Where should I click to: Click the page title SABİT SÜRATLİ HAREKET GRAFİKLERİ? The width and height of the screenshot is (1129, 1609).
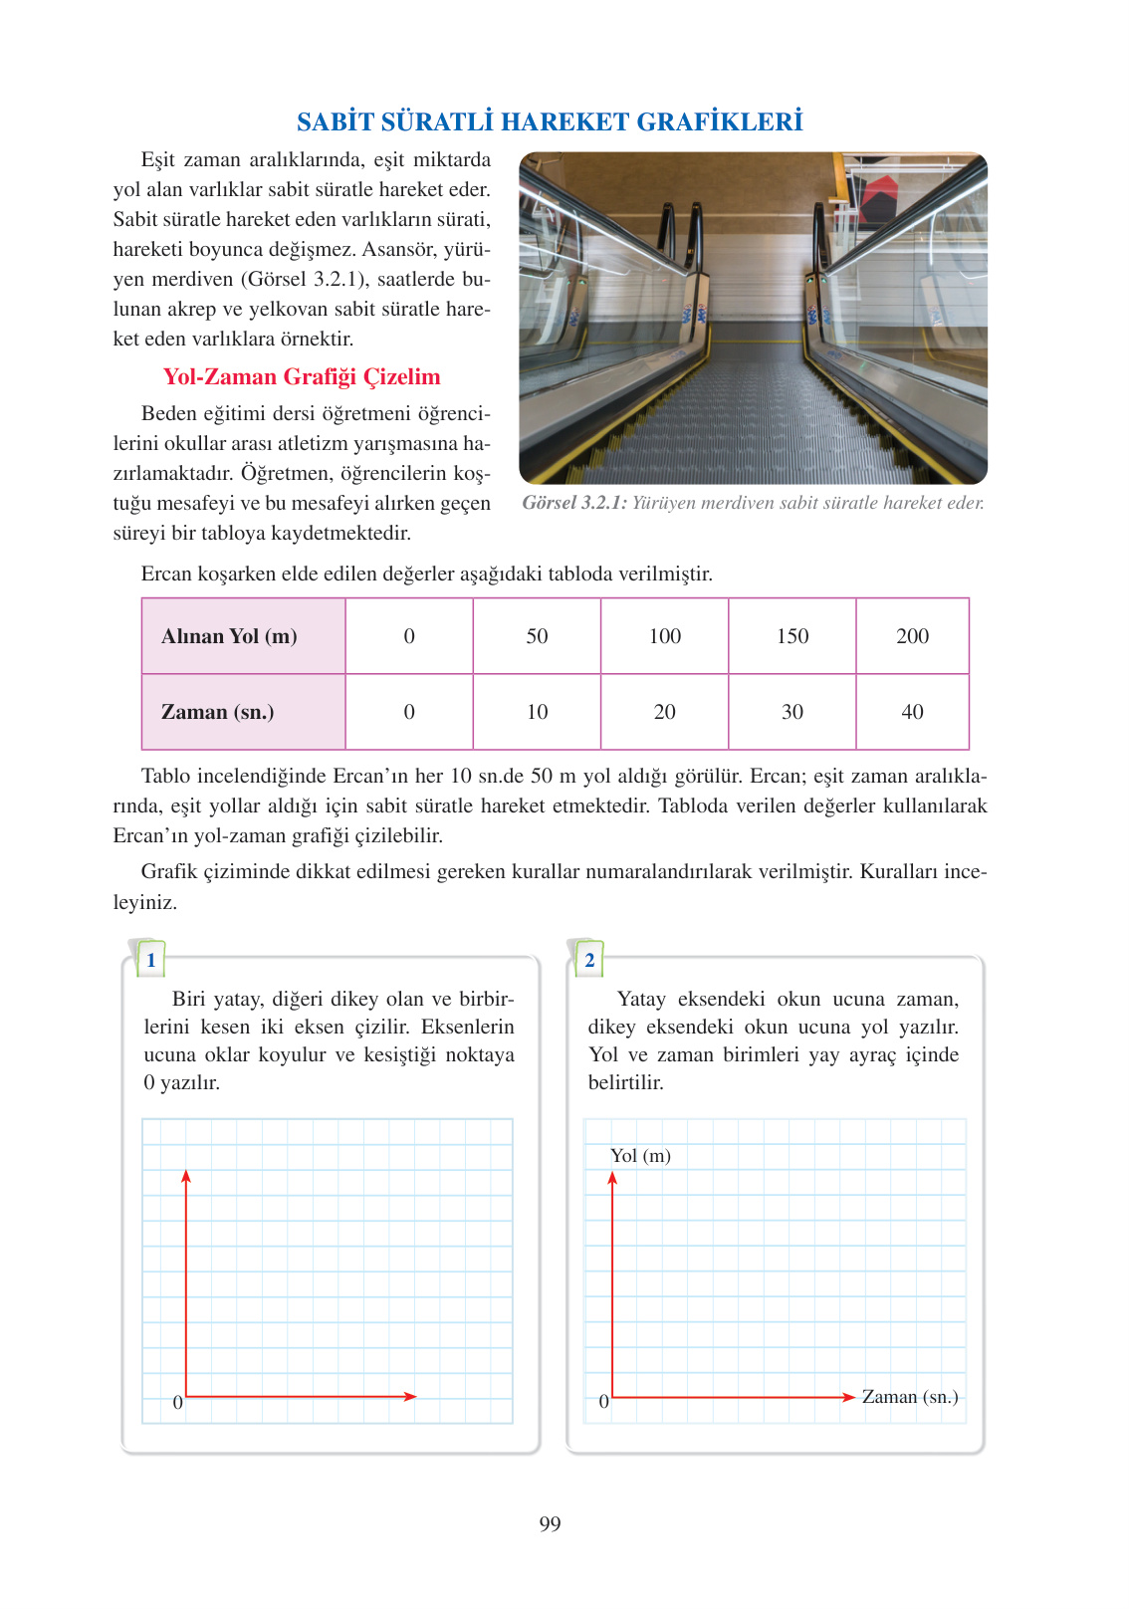(550, 121)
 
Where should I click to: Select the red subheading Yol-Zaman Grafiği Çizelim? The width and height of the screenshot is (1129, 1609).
(302, 376)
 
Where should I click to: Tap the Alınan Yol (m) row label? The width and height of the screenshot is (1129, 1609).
(229, 636)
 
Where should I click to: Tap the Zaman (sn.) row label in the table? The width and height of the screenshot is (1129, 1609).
(217, 712)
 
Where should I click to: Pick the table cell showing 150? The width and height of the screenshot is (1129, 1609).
(792, 636)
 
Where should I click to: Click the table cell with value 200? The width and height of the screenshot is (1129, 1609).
(912, 636)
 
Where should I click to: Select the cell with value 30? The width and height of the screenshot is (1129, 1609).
(792, 712)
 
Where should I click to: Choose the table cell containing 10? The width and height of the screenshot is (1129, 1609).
(537, 712)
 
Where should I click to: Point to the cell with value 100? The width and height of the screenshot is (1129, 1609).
(665, 636)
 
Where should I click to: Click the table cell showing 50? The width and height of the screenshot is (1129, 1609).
(537, 636)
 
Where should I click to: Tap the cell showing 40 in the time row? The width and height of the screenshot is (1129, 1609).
(912, 712)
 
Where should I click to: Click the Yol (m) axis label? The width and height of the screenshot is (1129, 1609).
(640, 1156)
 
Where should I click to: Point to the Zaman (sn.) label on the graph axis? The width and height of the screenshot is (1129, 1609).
(910, 1397)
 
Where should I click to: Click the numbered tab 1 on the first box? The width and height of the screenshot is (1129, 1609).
(151, 960)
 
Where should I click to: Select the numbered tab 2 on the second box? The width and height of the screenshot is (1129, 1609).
(589, 960)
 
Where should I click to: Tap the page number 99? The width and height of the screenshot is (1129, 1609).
(550, 1523)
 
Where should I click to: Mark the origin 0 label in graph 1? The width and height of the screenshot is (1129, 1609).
(177, 1402)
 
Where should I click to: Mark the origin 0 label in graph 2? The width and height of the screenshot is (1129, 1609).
(603, 1402)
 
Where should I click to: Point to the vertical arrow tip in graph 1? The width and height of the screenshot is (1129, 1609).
(186, 1174)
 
